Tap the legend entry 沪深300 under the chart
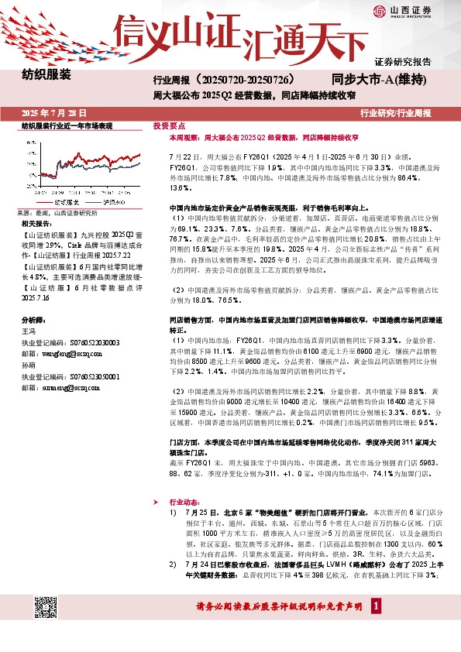coord(115,201)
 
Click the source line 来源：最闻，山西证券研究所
coord(57,212)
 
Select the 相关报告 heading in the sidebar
coord(36,223)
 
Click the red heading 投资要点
coord(169,125)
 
